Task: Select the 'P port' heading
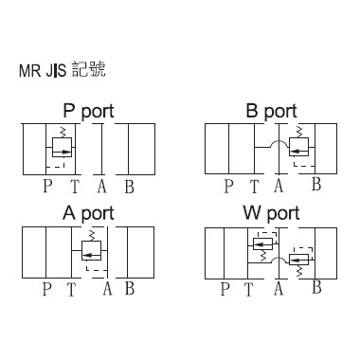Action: pos(88,111)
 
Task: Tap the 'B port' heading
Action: pos(271,111)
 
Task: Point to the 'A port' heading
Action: pos(88,213)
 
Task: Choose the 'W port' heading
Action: pos(271,213)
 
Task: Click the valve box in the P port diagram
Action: pos(62,147)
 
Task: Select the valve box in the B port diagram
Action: pos(298,147)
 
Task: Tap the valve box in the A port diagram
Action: pos(91,250)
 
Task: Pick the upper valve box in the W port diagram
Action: pos(262,243)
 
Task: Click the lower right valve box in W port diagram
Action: pos(298,260)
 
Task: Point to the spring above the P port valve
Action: pos(63,132)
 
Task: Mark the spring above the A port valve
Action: pos(92,236)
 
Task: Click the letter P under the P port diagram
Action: pos(47,186)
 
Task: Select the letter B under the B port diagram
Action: pos(316,184)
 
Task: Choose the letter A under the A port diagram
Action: pos(107,289)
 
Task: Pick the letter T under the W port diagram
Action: pos(249,289)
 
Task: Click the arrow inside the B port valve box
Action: pos(298,152)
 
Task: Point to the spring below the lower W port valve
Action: pos(299,271)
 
